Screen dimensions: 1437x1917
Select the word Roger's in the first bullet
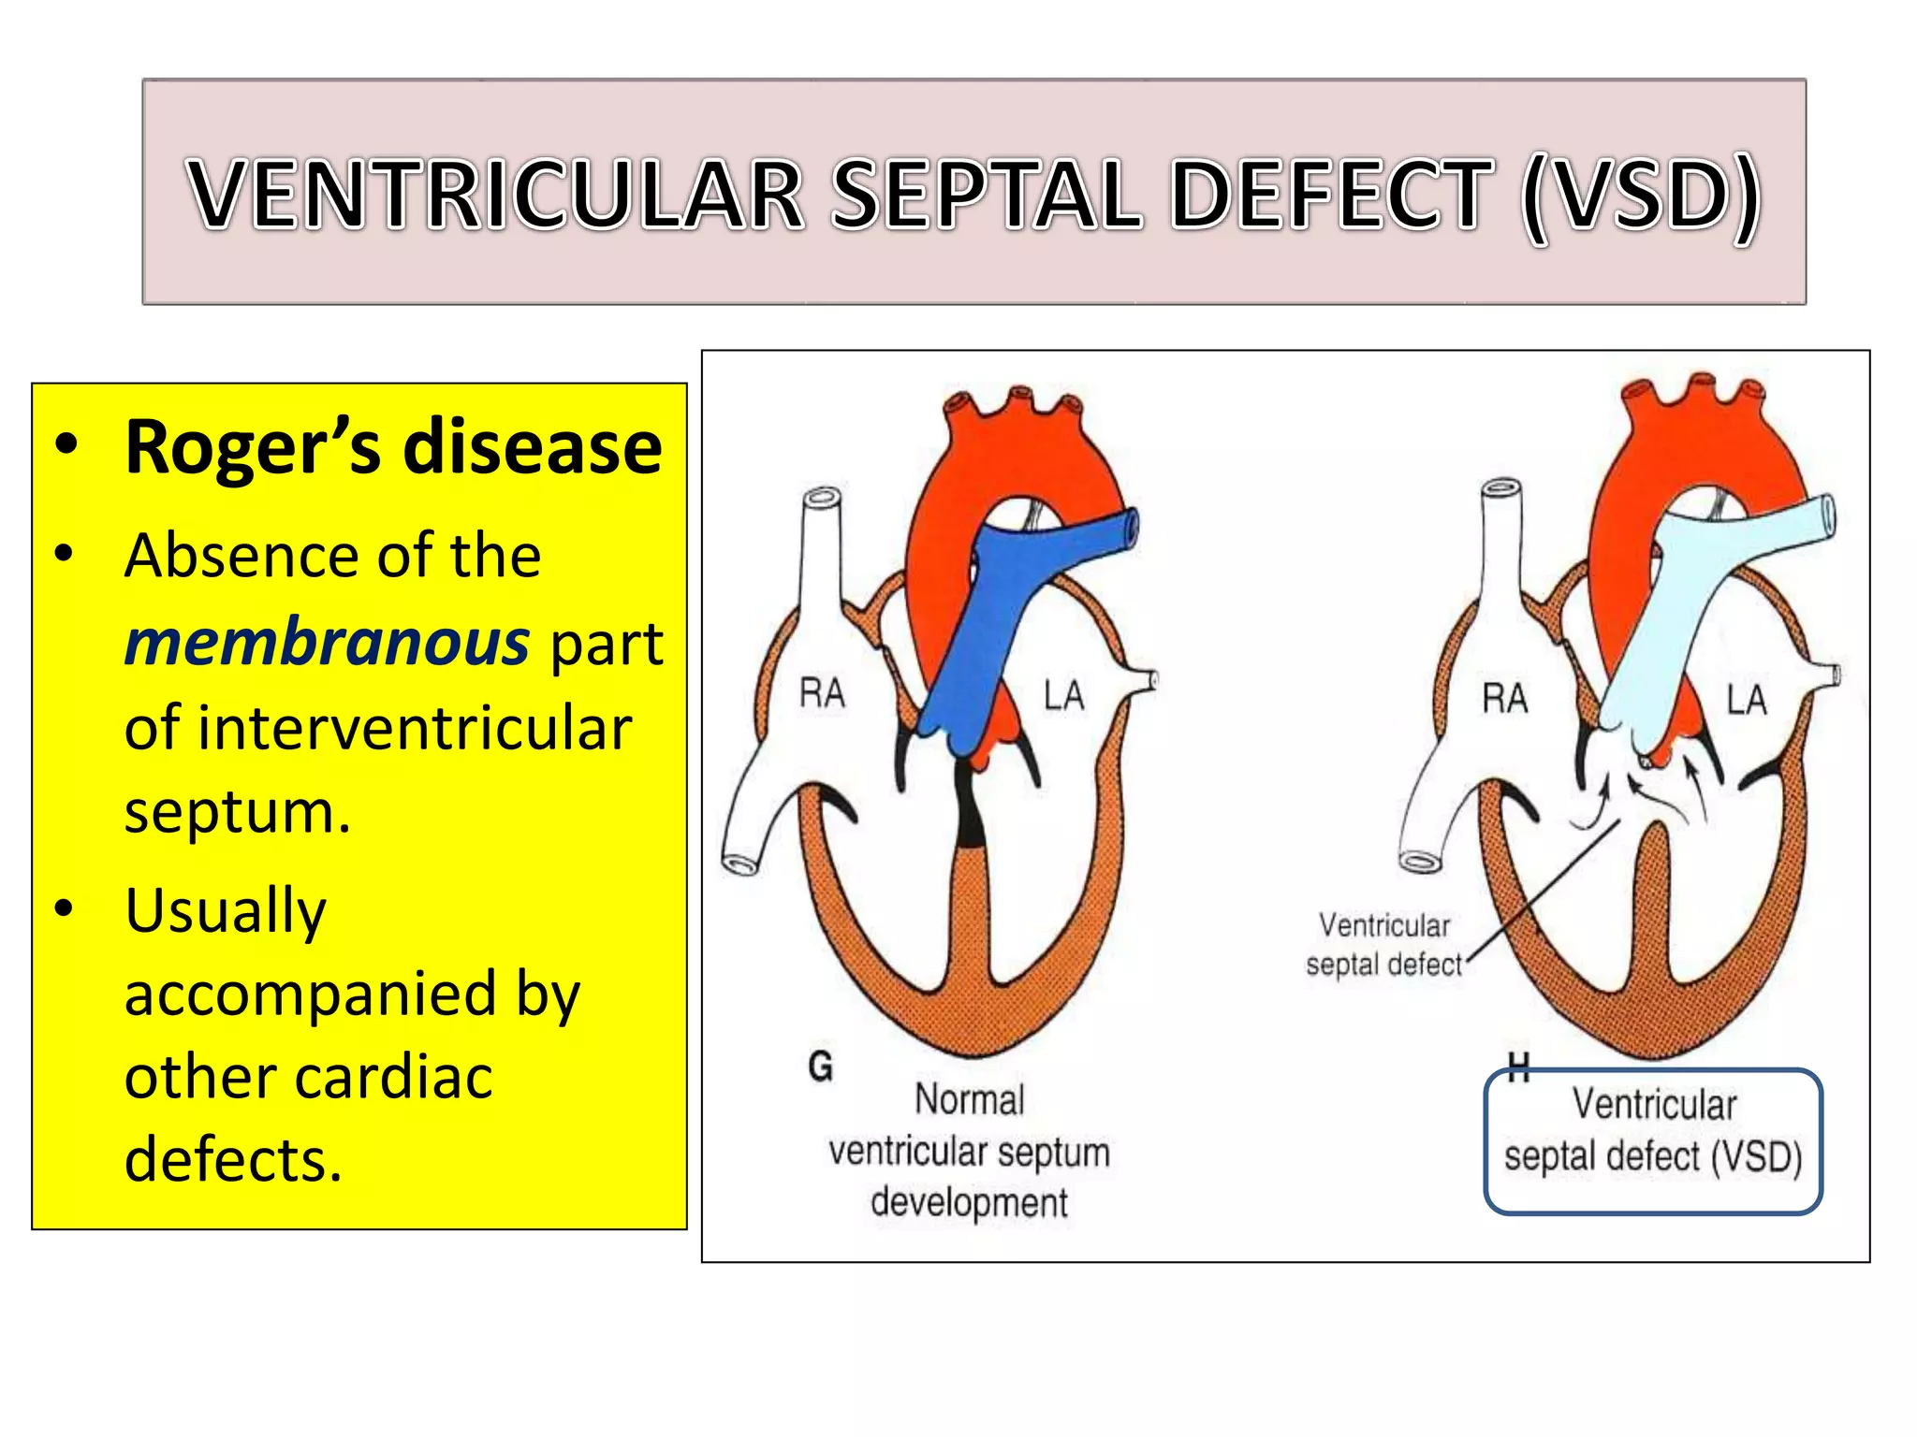click(253, 448)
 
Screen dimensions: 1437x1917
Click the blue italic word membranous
click(328, 643)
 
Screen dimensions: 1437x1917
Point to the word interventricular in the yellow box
click(378, 728)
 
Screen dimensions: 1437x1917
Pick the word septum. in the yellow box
click(238, 811)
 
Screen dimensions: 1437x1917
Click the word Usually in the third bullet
click(226, 910)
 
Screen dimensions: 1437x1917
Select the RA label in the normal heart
click(822, 693)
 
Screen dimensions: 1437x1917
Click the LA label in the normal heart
click(1064, 696)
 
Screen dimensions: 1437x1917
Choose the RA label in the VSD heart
click(1504, 698)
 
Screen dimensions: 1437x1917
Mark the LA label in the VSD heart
click(1747, 700)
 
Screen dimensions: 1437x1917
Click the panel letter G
click(820, 1066)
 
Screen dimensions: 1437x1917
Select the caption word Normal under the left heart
click(969, 1099)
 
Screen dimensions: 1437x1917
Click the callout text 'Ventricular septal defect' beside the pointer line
click(1383, 945)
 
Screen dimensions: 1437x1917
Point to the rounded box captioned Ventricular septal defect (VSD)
click(1653, 1141)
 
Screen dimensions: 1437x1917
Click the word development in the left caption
click(969, 1203)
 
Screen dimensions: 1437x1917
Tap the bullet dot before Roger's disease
click(65, 445)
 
